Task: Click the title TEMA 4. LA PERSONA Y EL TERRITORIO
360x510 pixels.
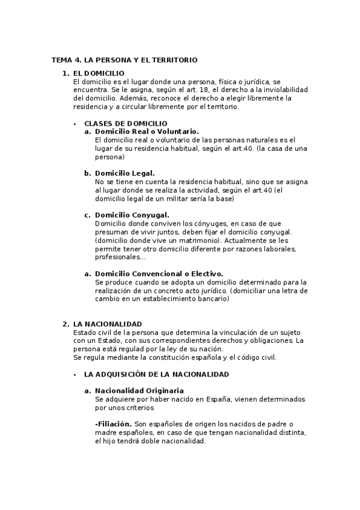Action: click(124, 60)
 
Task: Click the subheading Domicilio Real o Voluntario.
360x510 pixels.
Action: click(147, 131)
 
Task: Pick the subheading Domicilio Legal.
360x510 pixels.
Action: click(125, 173)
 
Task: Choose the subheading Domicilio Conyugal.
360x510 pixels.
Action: click(132, 215)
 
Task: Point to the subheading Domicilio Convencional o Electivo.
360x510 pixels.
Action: click(159, 273)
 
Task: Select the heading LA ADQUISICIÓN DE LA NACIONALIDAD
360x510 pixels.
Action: click(156, 374)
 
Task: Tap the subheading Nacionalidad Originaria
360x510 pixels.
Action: click(139, 391)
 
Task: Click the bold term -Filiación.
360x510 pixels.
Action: click(114, 424)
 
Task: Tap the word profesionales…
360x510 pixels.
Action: click(120, 257)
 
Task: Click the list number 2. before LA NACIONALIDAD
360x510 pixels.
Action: click(66, 324)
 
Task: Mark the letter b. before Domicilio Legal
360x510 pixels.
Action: click(88, 173)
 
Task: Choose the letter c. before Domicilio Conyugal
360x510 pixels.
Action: click(88, 215)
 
